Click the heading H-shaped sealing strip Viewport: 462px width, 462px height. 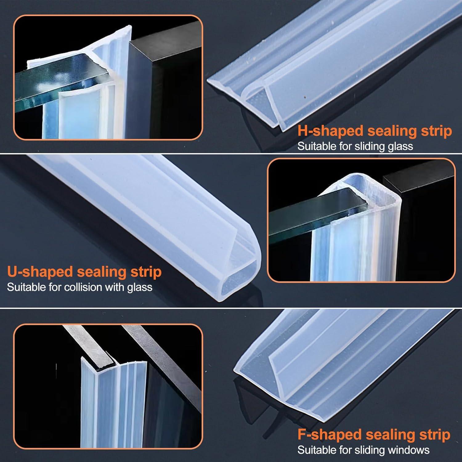[375, 131]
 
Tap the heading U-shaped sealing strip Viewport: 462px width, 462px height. [84, 272]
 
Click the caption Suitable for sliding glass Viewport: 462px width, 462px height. [355, 146]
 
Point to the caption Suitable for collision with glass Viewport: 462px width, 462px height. [79, 287]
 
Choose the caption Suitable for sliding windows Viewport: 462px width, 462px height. [363, 450]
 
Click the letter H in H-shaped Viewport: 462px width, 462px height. [303, 131]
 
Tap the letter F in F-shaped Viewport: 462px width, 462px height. [302, 435]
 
